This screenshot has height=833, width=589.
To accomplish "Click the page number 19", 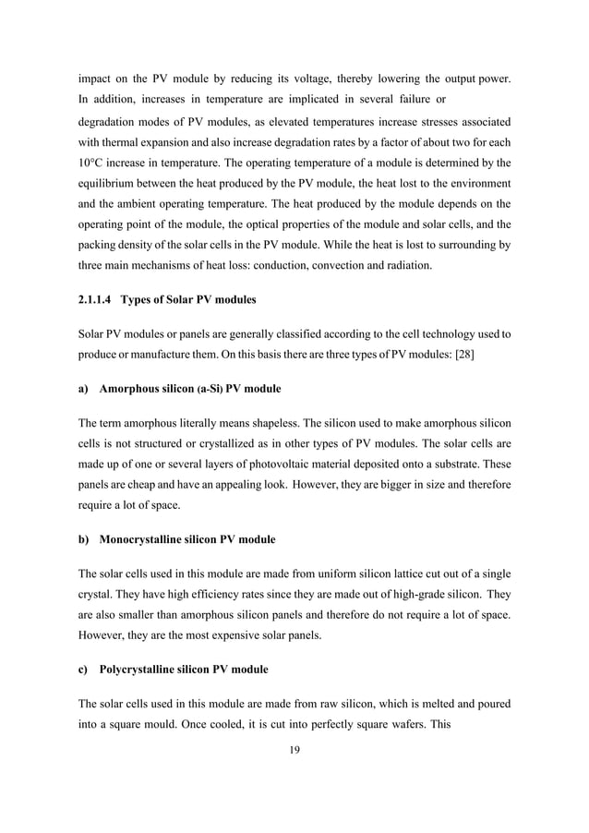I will pyautogui.click(x=294, y=750).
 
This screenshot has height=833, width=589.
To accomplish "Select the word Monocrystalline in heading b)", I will pyautogui.click(x=143, y=538).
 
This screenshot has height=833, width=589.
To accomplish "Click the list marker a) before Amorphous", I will pyautogui.click(x=83, y=390).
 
